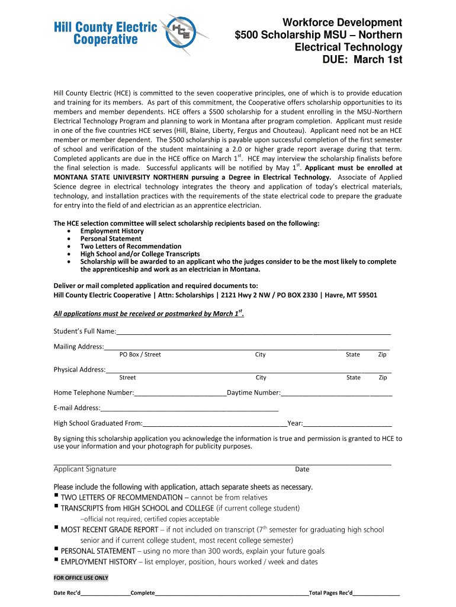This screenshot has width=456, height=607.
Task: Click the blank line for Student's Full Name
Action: pos(253,332)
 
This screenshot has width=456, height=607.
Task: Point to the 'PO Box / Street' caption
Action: pos(140,354)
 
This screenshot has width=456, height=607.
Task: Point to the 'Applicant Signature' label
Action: pos(85,469)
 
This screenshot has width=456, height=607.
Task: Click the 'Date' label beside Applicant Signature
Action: pos(302,469)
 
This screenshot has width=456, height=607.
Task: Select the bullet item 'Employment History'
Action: pos(112,231)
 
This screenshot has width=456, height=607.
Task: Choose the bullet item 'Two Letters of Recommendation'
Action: pos(131,246)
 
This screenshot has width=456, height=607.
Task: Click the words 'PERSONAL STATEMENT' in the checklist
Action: pos(98,551)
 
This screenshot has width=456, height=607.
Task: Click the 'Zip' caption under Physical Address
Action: pos(383,378)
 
